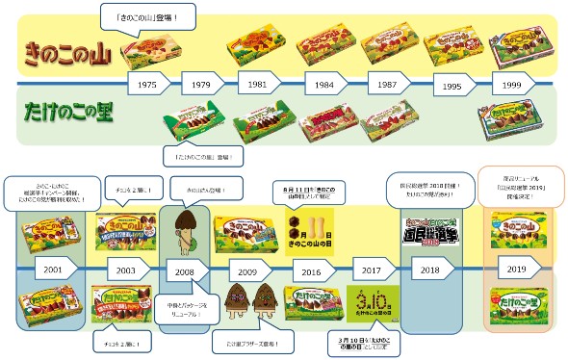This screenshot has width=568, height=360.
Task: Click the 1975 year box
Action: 147,85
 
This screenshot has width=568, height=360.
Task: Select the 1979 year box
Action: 200,85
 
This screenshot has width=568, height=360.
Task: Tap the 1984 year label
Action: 324,85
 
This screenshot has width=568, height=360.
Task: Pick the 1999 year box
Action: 512,85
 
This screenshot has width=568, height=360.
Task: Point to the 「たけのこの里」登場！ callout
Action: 202,154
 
